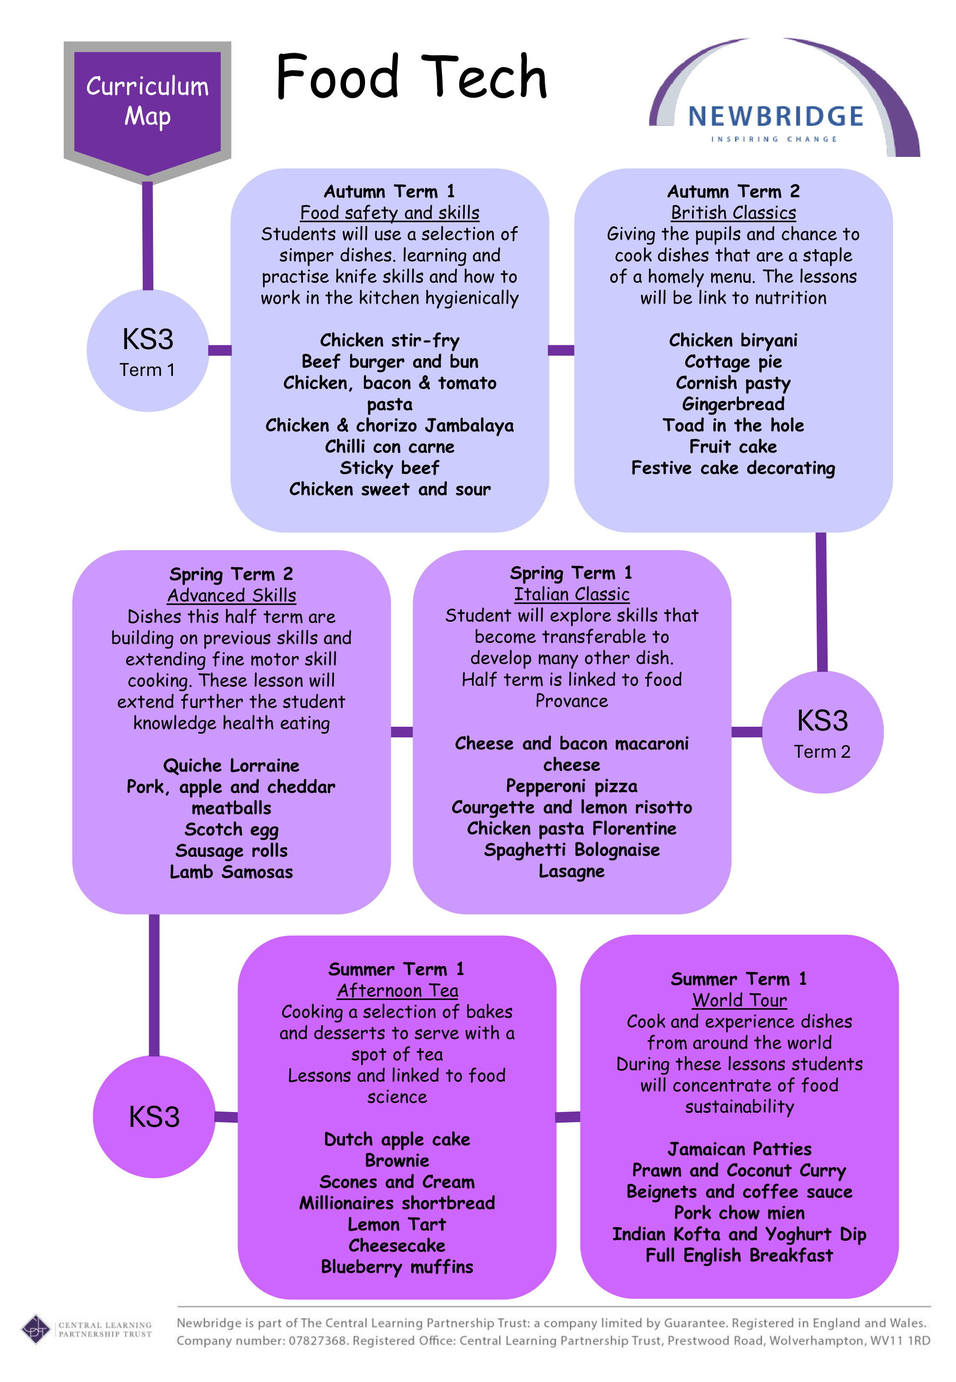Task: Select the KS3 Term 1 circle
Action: pos(148,350)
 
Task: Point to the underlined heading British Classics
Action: pos(733,213)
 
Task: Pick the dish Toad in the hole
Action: pos(733,426)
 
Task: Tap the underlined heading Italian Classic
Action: pos(571,594)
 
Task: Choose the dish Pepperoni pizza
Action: pos(571,786)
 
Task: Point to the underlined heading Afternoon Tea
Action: pos(397,991)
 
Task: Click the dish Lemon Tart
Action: pos(397,1224)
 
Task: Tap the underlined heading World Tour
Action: pos(739,1000)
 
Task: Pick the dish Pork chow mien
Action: pos(739,1213)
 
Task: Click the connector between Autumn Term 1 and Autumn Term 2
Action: pos(561,350)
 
